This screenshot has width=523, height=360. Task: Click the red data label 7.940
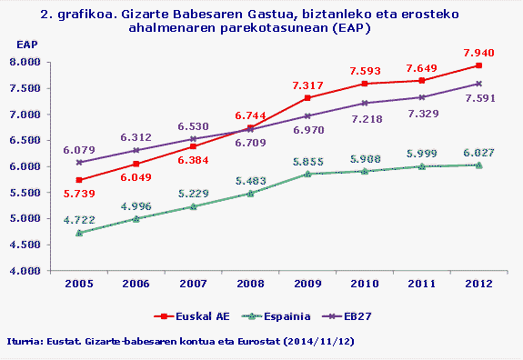click(x=479, y=52)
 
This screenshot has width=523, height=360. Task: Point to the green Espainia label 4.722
click(x=79, y=219)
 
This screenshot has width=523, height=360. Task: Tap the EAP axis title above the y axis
click(x=28, y=44)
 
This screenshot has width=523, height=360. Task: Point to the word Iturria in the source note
click(x=25, y=341)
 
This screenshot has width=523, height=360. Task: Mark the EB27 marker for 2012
click(x=479, y=84)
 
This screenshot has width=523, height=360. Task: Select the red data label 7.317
click(x=307, y=85)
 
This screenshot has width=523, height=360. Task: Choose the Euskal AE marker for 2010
click(x=365, y=84)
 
